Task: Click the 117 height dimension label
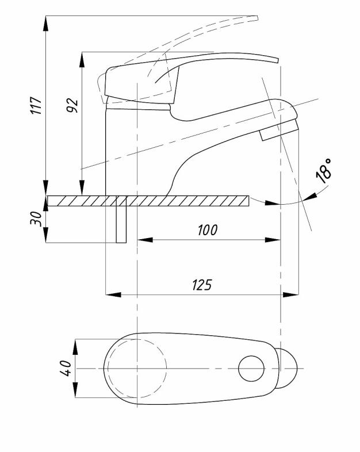coord(37,105)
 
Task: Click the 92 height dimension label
coord(72,105)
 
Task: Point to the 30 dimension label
coord(36,219)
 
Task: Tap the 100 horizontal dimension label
coord(208,230)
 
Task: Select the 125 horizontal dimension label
coord(202,285)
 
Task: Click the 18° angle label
coord(323,171)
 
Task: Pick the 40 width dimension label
coord(66,368)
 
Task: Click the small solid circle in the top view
coord(251,369)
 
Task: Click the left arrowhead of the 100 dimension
coord(145,240)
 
